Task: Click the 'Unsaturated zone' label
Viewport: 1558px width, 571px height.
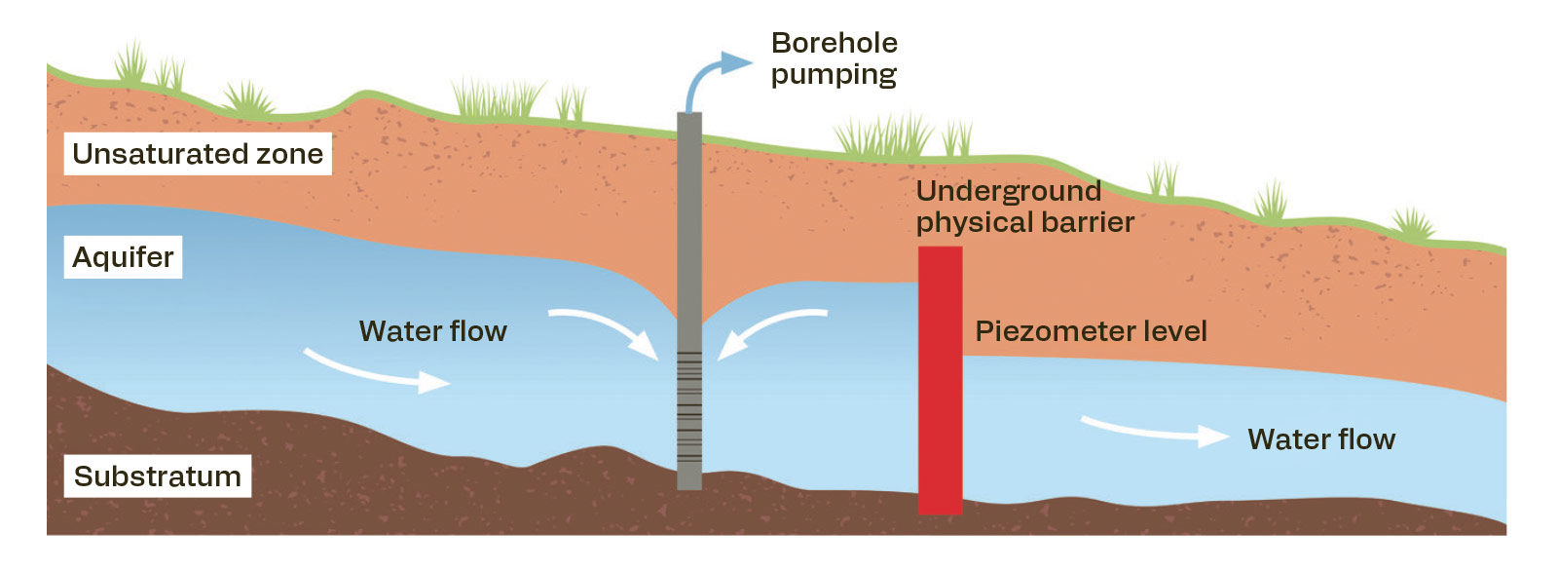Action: [198, 154]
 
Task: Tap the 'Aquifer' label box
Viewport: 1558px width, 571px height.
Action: [123, 257]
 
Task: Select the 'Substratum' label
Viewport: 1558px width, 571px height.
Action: [157, 476]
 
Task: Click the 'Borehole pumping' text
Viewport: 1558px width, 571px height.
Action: [834, 59]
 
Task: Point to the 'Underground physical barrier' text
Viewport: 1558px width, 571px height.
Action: [1024, 207]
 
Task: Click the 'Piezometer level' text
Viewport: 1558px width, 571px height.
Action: [1091, 331]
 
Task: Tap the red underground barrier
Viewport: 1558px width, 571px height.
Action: [941, 380]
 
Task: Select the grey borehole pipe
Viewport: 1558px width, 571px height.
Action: [689, 301]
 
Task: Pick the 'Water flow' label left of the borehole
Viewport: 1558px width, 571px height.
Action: [432, 331]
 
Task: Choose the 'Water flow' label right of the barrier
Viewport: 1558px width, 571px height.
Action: [1321, 439]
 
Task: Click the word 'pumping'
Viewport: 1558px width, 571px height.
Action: [834, 75]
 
